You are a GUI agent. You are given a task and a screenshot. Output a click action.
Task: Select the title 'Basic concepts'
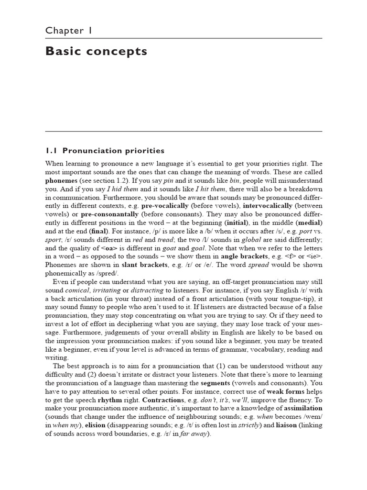(96, 51)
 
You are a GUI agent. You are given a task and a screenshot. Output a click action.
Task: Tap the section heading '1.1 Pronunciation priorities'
(105, 151)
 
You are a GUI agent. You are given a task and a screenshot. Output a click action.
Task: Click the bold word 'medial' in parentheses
(309, 223)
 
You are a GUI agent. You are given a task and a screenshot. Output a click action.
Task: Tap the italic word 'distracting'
(146, 291)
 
